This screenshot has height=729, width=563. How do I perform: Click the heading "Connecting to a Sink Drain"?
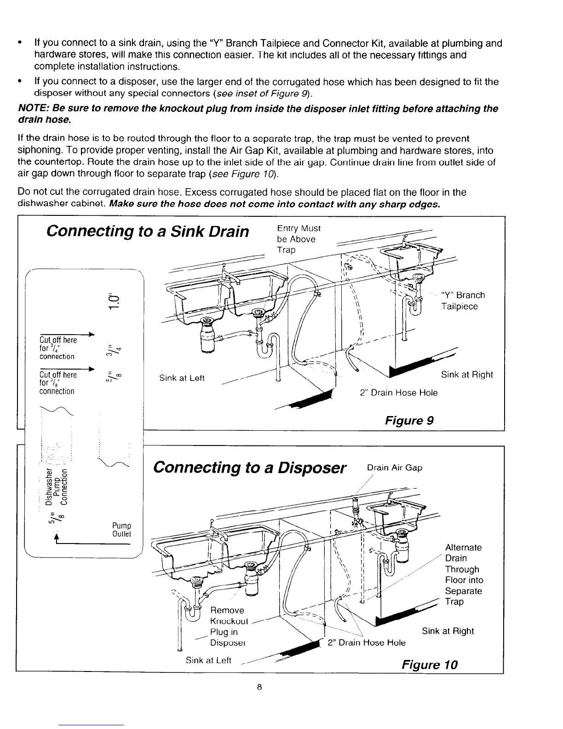148,231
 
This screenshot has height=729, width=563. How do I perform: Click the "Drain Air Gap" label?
394,468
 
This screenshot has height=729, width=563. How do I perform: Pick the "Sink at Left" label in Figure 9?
182,378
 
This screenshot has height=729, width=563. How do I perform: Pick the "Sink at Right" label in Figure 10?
448,631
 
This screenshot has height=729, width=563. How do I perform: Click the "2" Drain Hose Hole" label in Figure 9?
398,393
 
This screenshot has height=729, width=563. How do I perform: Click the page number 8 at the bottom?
260,688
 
